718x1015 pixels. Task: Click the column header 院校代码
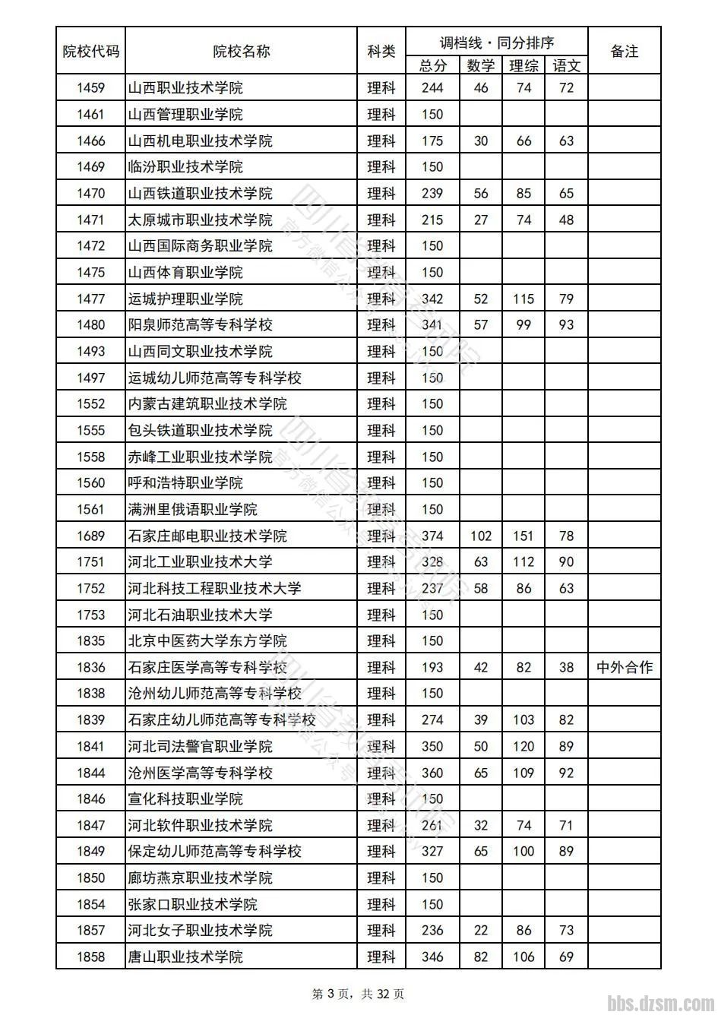point(90,52)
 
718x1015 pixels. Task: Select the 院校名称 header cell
point(242,52)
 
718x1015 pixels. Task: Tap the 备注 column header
point(624,52)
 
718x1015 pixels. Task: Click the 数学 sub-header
point(480,66)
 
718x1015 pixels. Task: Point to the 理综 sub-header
point(523,66)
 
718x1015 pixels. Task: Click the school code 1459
point(90,88)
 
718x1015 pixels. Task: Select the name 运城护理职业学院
point(185,299)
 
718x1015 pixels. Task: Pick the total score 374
point(432,536)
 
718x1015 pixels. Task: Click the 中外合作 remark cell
point(624,667)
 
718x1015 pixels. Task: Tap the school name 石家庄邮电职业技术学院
point(207,536)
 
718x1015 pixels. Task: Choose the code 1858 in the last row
point(90,957)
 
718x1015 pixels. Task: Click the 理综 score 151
point(523,536)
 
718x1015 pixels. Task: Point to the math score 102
point(480,536)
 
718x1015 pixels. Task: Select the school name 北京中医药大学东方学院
point(207,641)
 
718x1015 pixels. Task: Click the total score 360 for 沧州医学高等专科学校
point(432,773)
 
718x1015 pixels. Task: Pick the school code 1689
point(90,536)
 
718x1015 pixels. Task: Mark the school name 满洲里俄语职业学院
point(193,510)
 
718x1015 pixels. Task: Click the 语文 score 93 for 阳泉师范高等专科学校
point(566,325)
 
